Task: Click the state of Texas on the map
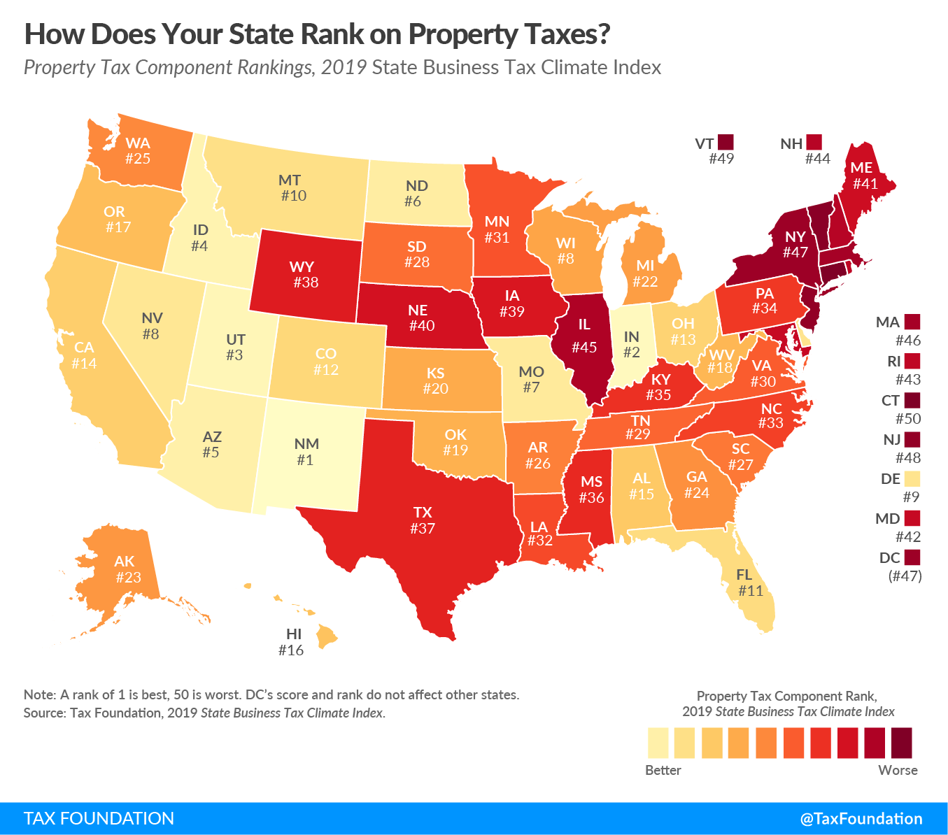(423, 520)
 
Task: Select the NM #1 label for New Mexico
(306, 452)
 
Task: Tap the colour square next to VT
(726, 142)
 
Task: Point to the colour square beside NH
(814, 142)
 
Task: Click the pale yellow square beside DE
(912, 479)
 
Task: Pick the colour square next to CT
(912, 401)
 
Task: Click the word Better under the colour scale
(663, 770)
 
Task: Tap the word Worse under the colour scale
(898, 770)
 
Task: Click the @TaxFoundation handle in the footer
(861, 818)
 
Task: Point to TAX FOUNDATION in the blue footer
(99, 818)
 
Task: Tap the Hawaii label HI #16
(292, 642)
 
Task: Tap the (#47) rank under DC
(905, 576)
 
